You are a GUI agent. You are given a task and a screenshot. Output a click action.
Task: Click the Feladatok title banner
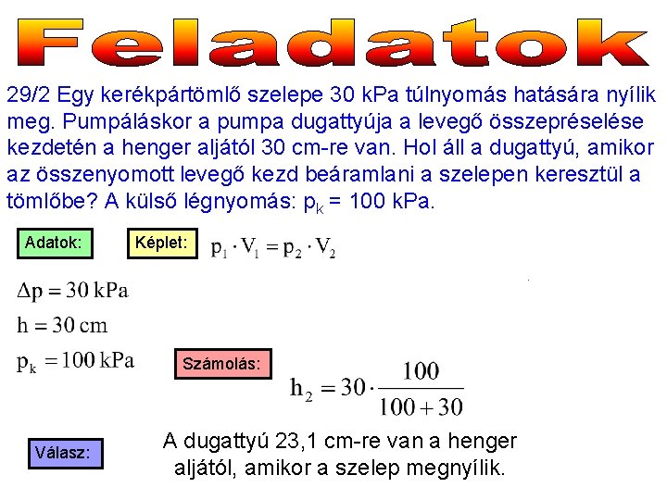[x=333, y=42]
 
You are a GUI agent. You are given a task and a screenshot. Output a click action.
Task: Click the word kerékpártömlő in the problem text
[x=186, y=94]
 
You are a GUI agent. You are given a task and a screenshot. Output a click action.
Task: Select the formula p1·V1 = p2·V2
[x=273, y=248]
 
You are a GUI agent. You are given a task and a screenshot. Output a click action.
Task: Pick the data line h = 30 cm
[x=63, y=325]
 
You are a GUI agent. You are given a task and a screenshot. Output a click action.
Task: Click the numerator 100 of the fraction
[x=421, y=372]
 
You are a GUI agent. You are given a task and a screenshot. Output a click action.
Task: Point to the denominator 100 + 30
[x=421, y=406]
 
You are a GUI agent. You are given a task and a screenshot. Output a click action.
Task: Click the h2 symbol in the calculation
[x=303, y=390]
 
